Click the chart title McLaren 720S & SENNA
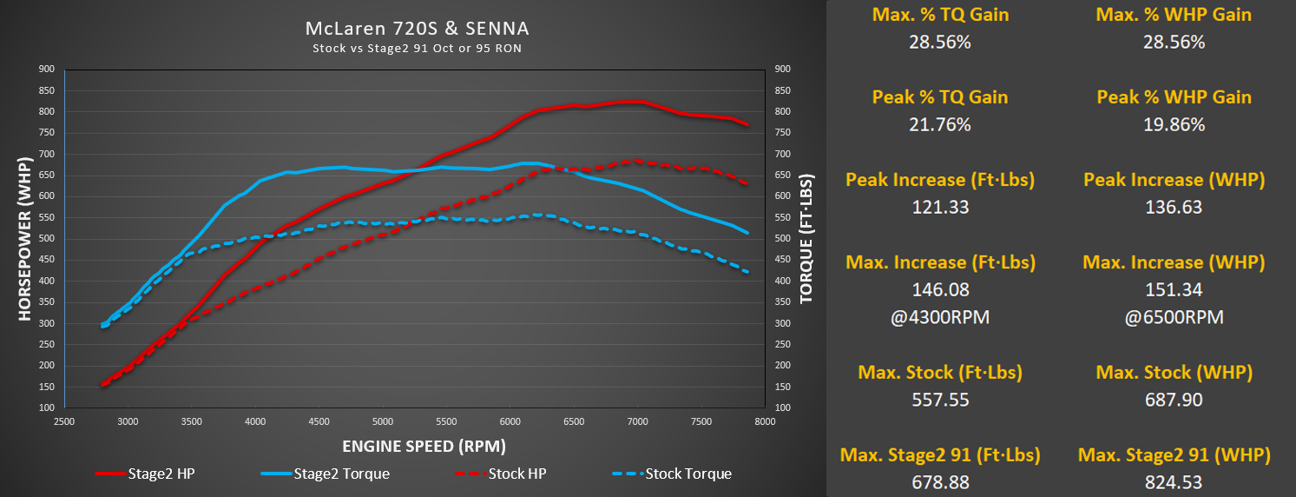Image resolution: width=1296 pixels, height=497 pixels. click(x=417, y=28)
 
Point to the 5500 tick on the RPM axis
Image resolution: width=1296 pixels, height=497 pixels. click(x=446, y=422)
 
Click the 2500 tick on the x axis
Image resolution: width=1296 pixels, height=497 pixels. click(x=64, y=422)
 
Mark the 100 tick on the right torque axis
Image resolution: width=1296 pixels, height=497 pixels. click(x=782, y=408)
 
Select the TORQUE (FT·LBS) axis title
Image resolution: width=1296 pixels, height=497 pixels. click(x=806, y=238)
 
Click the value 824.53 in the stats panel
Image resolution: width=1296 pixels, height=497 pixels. click(x=1174, y=482)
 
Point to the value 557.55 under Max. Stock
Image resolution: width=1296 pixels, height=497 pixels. click(x=939, y=400)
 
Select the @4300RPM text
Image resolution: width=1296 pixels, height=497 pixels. click(x=939, y=317)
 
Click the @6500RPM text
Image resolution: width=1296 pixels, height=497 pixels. click(x=1174, y=317)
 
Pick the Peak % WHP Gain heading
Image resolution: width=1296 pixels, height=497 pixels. click(x=1174, y=96)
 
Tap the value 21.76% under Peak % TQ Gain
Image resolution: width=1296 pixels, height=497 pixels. click(x=939, y=124)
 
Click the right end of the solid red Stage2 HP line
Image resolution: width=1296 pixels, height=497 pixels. click(x=747, y=125)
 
